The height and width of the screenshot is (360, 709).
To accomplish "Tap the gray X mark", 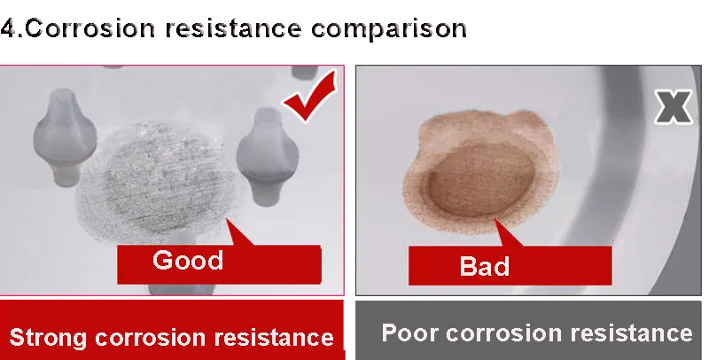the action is (674, 106).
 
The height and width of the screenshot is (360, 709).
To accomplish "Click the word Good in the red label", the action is (188, 260).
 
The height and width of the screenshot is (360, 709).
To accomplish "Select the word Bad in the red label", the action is (484, 266).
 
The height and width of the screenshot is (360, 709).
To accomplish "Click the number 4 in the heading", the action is (9, 29).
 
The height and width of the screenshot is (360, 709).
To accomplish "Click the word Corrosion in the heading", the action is (90, 28).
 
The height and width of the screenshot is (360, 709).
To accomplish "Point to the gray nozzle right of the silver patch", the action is (268, 155).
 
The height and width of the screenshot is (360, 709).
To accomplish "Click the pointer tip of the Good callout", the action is (228, 219).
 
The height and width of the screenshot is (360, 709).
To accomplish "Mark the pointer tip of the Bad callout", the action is (496, 219).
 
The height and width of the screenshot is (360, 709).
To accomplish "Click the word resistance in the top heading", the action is (233, 28).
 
